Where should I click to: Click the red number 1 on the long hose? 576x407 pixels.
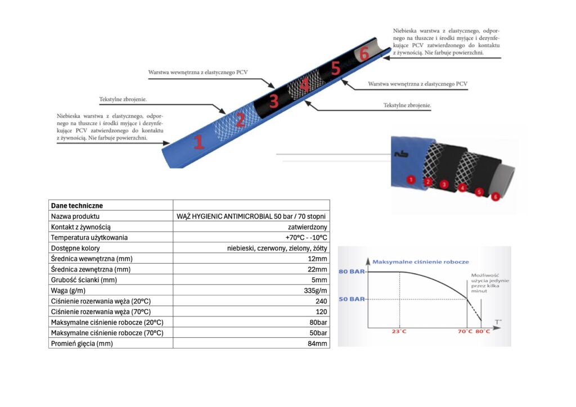click(x=199, y=142)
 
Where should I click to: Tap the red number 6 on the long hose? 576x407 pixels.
click(x=364, y=53)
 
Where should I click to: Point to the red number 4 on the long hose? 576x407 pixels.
click(x=304, y=85)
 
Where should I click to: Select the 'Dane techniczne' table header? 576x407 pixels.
click(x=76, y=206)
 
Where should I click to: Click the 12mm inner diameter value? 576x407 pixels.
click(x=317, y=259)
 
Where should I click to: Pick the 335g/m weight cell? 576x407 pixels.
click(x=316, y=291)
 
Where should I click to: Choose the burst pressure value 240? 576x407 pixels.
click(x=321, y=301)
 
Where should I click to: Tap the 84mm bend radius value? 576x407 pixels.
click(x=317, y=344)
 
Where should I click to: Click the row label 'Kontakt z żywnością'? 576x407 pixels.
click(x=81, y=227)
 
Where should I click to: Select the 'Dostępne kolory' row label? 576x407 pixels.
click(x=75, y=248)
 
